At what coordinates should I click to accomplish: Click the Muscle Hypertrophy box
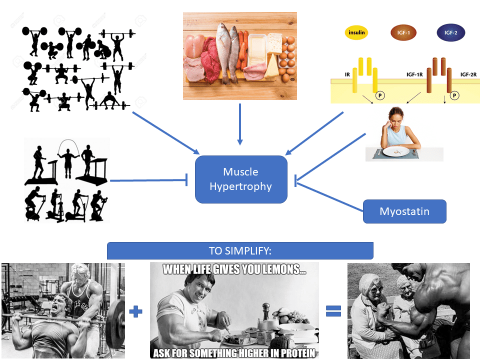tap(241, 179)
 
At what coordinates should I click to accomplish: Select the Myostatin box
tap(404, 211)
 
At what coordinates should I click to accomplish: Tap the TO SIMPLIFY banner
tap(240, 250)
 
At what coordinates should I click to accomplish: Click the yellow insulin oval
tap(356, 33)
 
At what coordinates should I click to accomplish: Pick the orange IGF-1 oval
tap(404, 33)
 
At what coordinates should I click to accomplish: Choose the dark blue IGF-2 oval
tap(450, 33)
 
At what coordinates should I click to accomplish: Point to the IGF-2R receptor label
tap(468, 74)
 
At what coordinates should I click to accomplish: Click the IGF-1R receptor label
tap(414, 74)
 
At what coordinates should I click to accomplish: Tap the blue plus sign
tap(135, 311)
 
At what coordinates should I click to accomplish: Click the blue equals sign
tap(333, 311)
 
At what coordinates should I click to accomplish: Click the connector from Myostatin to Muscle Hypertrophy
tap(330, 196)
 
